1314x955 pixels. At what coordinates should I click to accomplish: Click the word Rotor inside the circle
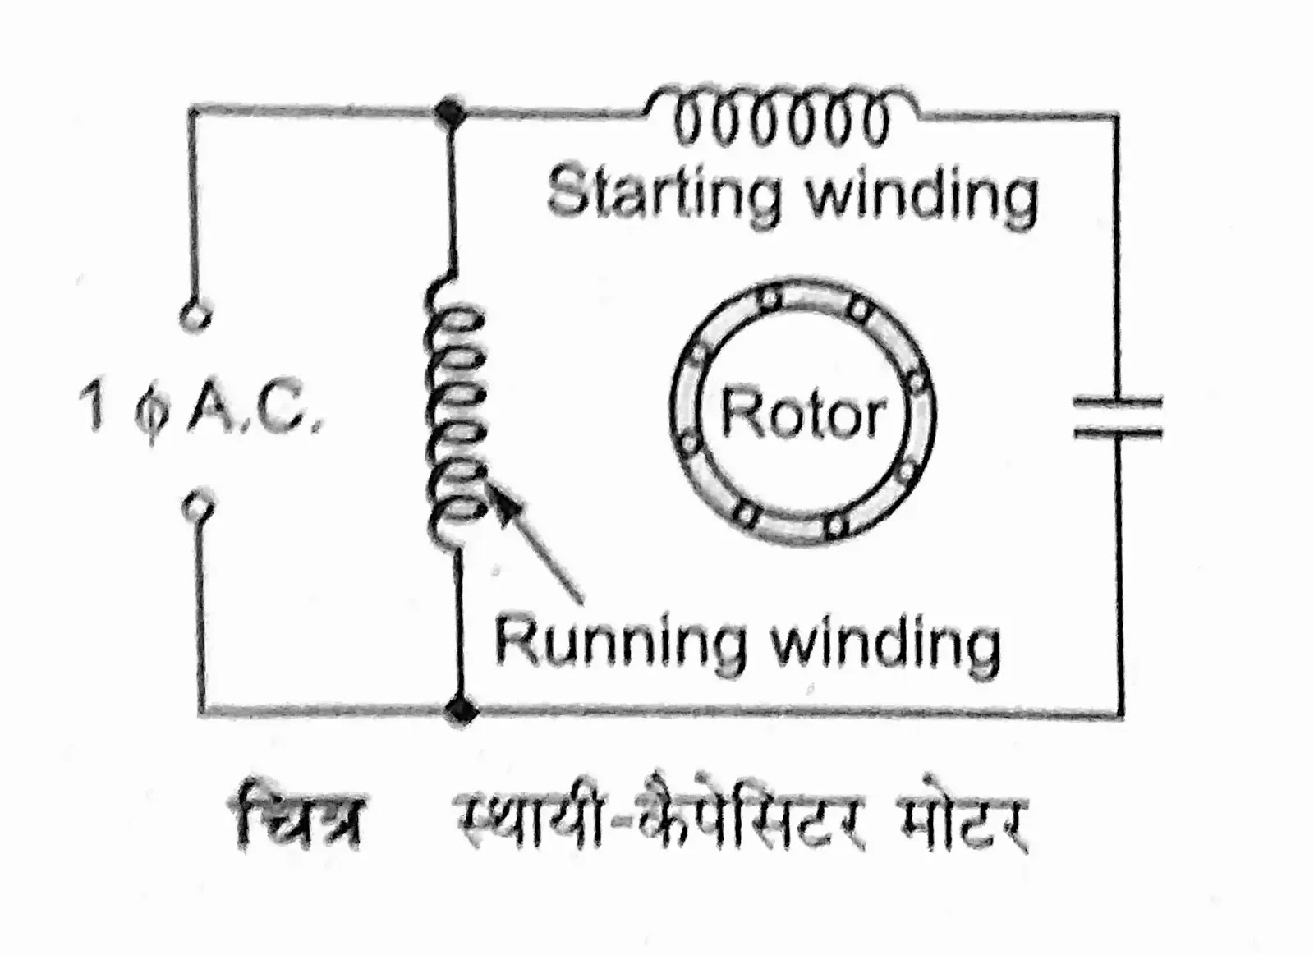[802, 414]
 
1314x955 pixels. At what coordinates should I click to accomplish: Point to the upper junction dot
[449, 110]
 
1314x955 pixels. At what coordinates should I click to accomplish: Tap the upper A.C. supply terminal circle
[195, 316]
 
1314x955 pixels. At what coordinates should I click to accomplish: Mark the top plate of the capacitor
[1119, 403]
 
